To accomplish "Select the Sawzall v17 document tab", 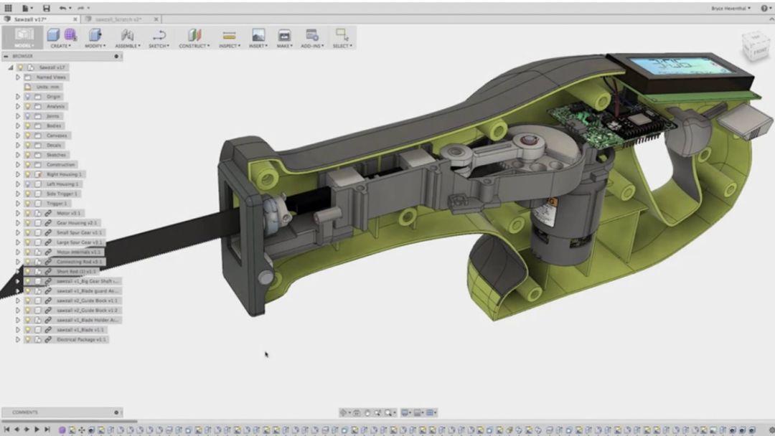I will (x=30, y=19).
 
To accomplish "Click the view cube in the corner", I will (x=758, y=47).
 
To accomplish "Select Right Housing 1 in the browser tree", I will (x=64, y=174).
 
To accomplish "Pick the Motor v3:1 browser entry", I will (x=69, y=213).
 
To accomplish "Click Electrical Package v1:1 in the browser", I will (x=81, y=339).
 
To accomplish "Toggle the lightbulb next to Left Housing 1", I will (x=28, y=184).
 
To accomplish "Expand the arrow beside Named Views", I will (x=18, y=77).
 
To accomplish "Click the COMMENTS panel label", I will (x=25, y=412).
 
